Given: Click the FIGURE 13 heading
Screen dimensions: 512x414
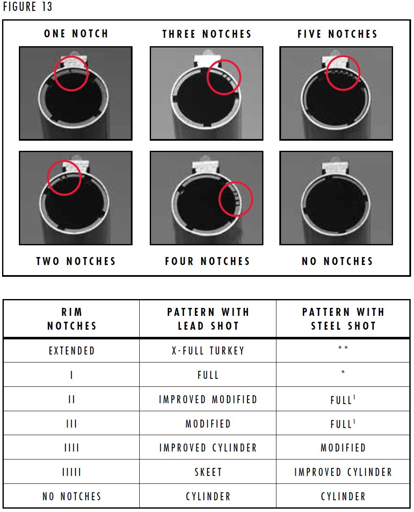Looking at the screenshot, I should coord(28,7).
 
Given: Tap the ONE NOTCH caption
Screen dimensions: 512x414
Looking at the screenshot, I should coord(76,34).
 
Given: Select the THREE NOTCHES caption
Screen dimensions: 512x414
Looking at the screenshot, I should coord(207,34).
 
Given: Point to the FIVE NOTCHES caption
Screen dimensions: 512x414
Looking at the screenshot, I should coord(337,34).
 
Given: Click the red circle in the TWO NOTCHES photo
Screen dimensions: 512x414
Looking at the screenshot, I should coord(64,178).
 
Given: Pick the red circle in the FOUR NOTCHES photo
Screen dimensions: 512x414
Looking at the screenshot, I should coord(236,199).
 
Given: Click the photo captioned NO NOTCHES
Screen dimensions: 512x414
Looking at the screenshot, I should coord(336,198).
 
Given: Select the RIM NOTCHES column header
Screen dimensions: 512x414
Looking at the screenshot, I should coord(72,319).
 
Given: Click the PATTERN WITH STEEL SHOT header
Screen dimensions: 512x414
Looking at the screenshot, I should coord(343,319).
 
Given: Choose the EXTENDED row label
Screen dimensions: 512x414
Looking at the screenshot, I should coord(72,351).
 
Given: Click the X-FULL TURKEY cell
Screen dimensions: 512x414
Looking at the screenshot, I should coord(208,351).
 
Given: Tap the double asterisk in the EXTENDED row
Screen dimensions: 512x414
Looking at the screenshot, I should coord(343,348).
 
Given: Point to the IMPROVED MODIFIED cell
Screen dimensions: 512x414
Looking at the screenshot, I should coord(208,399).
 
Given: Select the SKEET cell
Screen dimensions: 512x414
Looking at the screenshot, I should coord(208,472).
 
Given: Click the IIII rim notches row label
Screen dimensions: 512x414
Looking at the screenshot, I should coord(72,448).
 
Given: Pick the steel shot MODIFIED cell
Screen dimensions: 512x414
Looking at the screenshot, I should coord(343,448).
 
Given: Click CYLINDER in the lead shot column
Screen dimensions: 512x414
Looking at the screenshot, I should coord(208,496).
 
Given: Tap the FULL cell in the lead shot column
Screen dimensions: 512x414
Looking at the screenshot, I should coord(208,375).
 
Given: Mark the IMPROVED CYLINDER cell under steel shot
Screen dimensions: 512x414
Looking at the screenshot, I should coord(343,472).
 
